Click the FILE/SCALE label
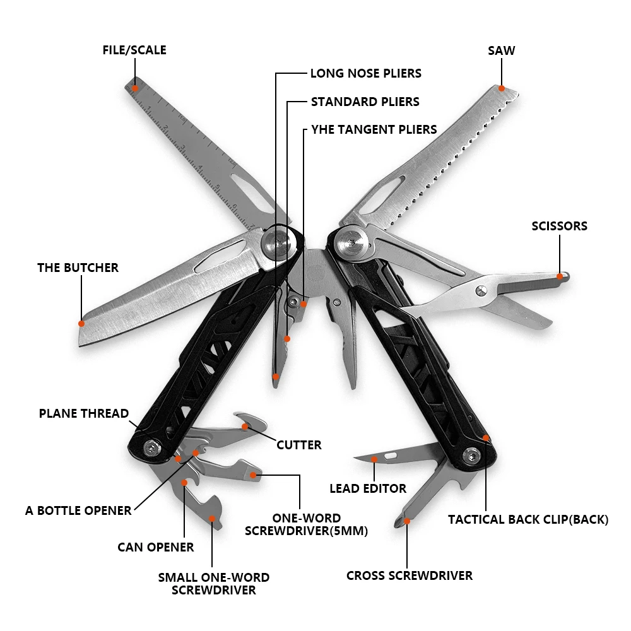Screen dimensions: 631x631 click(x=134, y=50)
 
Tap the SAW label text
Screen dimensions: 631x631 click(x=501, y=50)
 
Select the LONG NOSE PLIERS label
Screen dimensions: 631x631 click(x=365, y=73)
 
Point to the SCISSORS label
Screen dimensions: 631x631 click(x=559, y=226)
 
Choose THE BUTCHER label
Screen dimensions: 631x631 click(x=78, y=268)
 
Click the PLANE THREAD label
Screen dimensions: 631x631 click(x=84, y=414)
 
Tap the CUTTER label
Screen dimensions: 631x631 click(x=299, y=445)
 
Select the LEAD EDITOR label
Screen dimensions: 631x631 click(x=368, y=488)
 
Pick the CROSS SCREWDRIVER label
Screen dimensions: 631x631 click(x=410, y=575)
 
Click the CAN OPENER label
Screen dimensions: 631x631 click(x=156, y=547)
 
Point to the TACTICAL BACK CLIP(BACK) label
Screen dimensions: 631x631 click(x=528, y=520)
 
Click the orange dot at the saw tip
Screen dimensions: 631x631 click(x=502, y=88)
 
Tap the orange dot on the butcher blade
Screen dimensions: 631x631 click(x=81, y=323)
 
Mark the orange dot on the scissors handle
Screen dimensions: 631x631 click(x=560, y=276)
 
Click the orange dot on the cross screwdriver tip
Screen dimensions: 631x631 click(x=407, y=521)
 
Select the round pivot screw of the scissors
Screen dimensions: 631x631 click(x=481, y=290)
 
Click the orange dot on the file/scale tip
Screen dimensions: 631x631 click(x=134, y=88)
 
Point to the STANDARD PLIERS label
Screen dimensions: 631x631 click(x=365, y=102)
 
